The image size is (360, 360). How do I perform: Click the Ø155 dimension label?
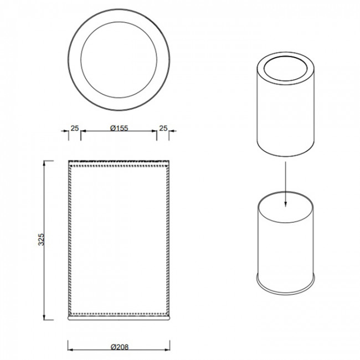pos(119,128)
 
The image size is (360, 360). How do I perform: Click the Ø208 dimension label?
pos(120,347)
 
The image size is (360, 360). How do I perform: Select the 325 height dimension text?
pos(41,239)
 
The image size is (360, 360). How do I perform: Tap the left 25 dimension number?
pos(75,128)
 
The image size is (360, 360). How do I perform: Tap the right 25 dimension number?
pos(163,128)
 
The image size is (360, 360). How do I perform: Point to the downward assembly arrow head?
pos(285,204)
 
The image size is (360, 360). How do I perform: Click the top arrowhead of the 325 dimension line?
pos(44,163)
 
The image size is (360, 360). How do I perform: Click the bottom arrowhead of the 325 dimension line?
pos(44,317)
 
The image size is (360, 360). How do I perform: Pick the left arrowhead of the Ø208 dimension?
pos(70,349)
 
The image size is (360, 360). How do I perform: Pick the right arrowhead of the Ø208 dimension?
pos(167,349)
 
